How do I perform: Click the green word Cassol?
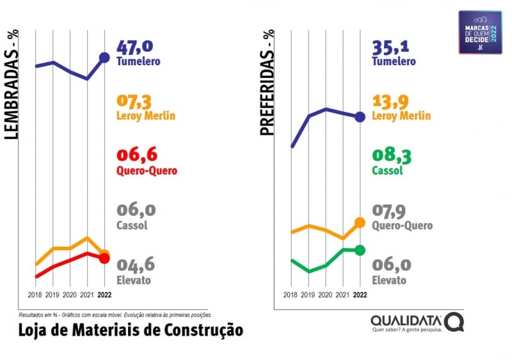[387, 171]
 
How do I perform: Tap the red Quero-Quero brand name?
[147, 171]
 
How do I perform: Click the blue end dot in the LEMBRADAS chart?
[105, 58]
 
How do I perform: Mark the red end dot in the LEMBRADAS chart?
[105, 258]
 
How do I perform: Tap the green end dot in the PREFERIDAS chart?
[360, 250]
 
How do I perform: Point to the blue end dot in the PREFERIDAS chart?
[360, 116]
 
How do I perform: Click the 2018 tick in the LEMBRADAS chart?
[35, 295]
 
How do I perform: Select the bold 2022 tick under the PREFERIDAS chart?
[360, 295]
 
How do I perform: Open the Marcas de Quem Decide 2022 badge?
[480, 32]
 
